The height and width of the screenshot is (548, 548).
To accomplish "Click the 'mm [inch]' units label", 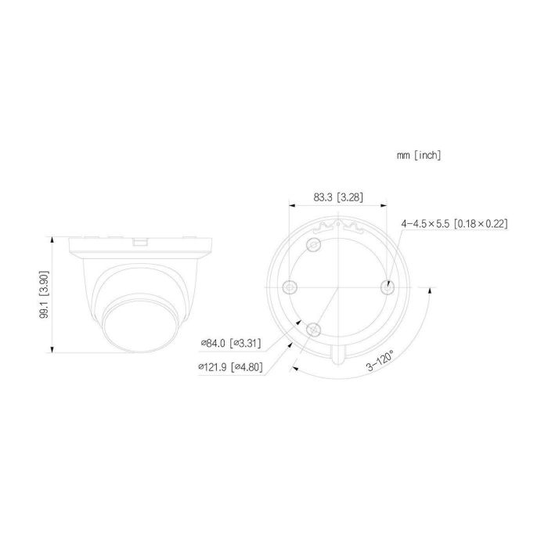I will pos(419,156).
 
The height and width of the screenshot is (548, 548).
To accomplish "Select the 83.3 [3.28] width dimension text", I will pos(337,198).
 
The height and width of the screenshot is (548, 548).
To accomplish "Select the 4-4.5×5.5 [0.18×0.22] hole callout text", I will pos(454,224).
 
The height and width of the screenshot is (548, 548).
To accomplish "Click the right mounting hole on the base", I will pos(386,287).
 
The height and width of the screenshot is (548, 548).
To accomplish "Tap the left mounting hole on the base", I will pos(290,287).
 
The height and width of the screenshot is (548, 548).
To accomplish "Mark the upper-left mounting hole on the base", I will pos(315,247).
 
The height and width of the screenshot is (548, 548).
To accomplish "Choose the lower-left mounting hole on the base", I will pos(315,328).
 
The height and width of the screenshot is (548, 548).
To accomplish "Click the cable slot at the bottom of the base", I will pos(338,355).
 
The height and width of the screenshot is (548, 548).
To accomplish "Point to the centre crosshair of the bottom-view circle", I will pos(338,287).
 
